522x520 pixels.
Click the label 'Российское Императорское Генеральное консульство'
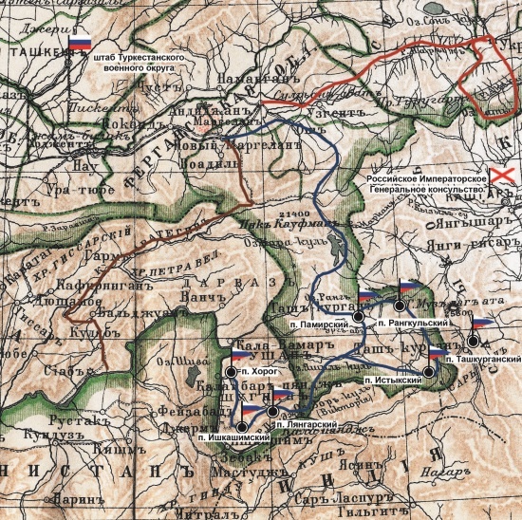pyautogui.click(x=426, y=184)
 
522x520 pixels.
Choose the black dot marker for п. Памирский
pyautogui.click(x=360, y=315)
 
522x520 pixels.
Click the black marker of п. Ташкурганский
pyautogui.click(x=474, y=342)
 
